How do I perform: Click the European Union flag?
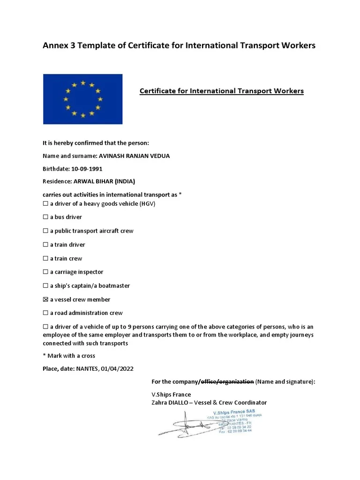82,99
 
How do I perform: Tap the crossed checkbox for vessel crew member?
45,300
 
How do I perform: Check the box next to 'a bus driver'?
45,217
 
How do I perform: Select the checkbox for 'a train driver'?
45,245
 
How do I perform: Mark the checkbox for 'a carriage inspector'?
45,272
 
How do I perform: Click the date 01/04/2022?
117,369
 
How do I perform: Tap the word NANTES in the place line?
86,369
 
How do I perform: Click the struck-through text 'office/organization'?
226,382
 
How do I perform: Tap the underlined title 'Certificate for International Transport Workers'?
221,91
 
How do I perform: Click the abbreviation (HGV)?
147,203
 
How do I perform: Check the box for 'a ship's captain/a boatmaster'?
45,286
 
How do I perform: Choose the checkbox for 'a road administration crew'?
45,313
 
